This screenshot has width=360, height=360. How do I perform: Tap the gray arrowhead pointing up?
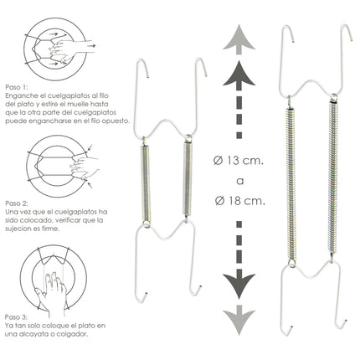[x=239, y=38]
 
